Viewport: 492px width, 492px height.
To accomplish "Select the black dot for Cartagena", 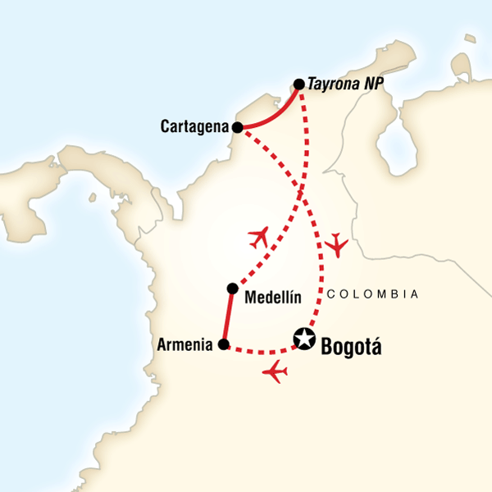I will [237, 128].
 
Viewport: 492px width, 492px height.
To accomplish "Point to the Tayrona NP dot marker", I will [299, 84].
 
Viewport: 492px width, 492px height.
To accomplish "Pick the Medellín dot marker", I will [233, 288].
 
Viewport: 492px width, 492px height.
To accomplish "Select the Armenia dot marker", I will [223, 344].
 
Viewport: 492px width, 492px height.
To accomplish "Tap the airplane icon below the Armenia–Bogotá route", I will [276, 374].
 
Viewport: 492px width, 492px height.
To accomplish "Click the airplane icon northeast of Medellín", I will [259, 238].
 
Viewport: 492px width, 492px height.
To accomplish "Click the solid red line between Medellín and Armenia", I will [228, 317].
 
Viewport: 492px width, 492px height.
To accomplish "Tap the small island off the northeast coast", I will [469, 39].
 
